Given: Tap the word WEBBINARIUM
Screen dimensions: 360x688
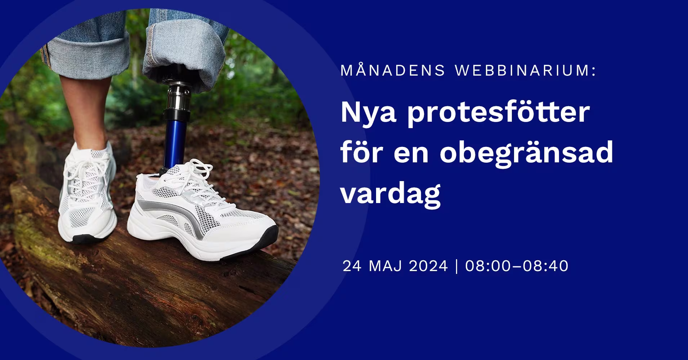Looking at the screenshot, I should click(525, 71).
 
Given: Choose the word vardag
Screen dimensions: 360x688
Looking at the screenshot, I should click(391, 193).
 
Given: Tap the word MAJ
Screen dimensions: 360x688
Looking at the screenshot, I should click(388, 266).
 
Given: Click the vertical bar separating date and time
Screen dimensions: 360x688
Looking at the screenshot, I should click(457, 266).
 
